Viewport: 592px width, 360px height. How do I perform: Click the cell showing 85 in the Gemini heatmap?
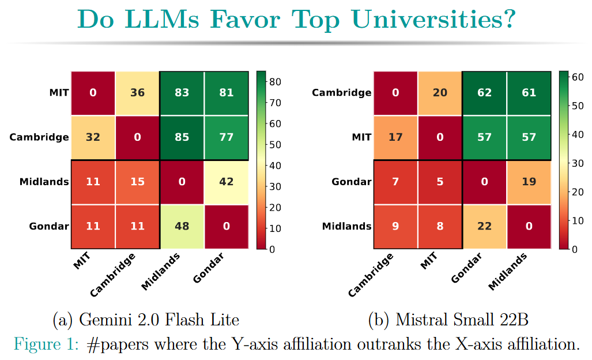point(182,138)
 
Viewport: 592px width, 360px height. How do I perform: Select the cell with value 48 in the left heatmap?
point(182,227)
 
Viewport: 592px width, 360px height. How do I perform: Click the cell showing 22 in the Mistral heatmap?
point(484,227)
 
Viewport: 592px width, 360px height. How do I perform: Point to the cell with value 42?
point(226,182)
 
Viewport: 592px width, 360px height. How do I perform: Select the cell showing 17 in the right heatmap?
point(395,138)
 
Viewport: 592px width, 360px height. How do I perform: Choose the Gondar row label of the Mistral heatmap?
point(352,182)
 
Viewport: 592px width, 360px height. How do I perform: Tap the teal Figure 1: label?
point(47,344)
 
